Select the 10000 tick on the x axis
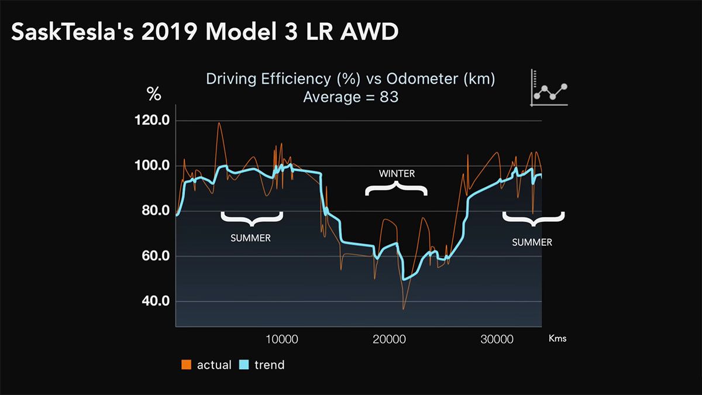click(282, 339)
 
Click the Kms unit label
click(558, 338)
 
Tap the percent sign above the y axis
click(153, 94)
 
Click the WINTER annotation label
click(397, 173)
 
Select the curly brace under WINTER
click(397, 188)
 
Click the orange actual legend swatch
click(187, 365)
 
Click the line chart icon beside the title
click(549, 89)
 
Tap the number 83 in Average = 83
click(389, 97)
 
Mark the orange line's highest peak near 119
click(219, 123)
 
